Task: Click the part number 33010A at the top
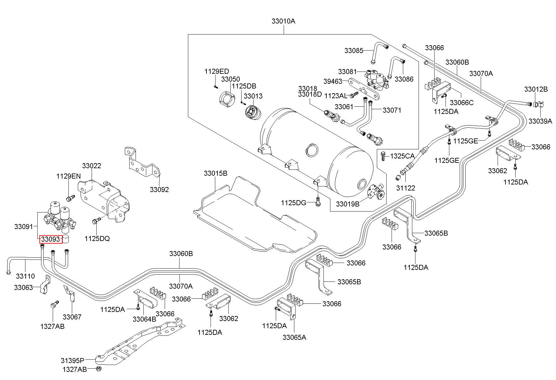click(283, 21)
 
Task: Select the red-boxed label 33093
click(50, 239)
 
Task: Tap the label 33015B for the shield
click(216, 173)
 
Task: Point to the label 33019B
click(348, 204)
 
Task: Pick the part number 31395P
click(73, 360)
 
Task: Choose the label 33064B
click(144, 319)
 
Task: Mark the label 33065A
click(294, 337)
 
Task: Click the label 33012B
click(536, 89)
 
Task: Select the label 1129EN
click(68, 176)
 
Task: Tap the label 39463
click(333, 81)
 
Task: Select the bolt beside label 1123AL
click(354, 94)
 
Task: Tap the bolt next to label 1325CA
click(383, 156)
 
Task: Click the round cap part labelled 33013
click(253, 113)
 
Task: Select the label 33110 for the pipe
click(25, 276)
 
